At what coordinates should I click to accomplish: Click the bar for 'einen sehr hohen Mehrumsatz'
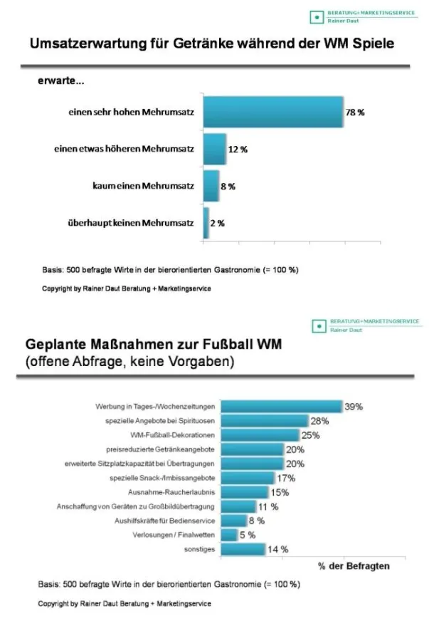coord(273,113)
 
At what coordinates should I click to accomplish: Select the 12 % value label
coord(238,150)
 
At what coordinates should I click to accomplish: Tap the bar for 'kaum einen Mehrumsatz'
coord(211,187)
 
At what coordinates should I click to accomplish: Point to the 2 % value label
coord(217,223)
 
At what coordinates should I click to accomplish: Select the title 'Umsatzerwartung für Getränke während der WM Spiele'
coord(211,44)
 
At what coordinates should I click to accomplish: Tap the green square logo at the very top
coord(315,17)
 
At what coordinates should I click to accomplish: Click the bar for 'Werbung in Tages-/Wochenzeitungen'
coord(282,407)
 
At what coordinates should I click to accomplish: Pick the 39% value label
coord(354,407)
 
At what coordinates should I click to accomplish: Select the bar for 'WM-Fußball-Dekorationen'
coord(260,435)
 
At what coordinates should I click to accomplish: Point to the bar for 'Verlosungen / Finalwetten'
coord(229,535)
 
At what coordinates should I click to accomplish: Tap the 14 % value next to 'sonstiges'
coord(278,549)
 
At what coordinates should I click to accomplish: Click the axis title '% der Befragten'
coord(353,566)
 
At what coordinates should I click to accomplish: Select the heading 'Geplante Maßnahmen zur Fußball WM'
coord(154,345)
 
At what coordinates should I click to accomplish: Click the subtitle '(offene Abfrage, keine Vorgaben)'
coord(129,362)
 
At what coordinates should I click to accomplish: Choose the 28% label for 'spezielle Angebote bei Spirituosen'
coord(319,421)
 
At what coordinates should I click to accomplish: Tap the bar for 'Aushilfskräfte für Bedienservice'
coord(233,521)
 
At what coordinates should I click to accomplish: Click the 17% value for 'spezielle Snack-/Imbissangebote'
coord(286,478)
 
